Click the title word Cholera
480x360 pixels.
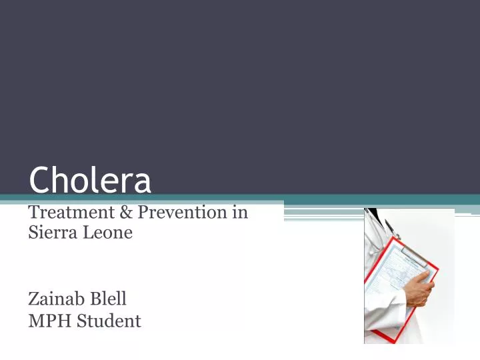click(x=90, y=179)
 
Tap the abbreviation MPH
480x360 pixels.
click(x=49, y=321)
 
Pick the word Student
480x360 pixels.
click(x=109, y=321)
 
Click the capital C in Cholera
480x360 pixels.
click(x=39, y=179)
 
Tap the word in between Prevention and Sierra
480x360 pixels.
click(x=241, y=213)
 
